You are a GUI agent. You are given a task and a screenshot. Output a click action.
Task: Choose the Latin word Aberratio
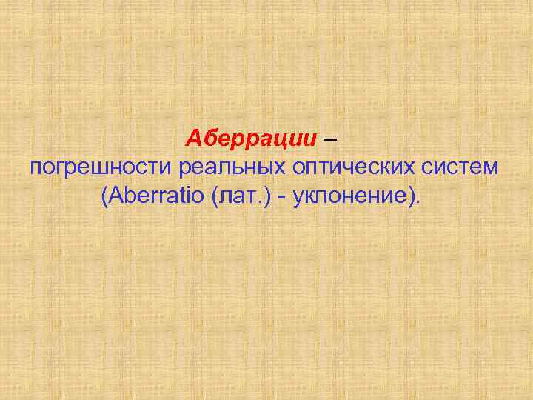click(x=155, y=196)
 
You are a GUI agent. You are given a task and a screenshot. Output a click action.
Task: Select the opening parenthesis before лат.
click(x=215, y=196)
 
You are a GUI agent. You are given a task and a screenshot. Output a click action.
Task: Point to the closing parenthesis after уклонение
click(x=409, y=196)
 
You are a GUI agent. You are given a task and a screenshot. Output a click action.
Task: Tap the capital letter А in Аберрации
click(x=192, y=138)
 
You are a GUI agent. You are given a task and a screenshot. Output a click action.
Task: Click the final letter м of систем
click(x=489, y=168)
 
